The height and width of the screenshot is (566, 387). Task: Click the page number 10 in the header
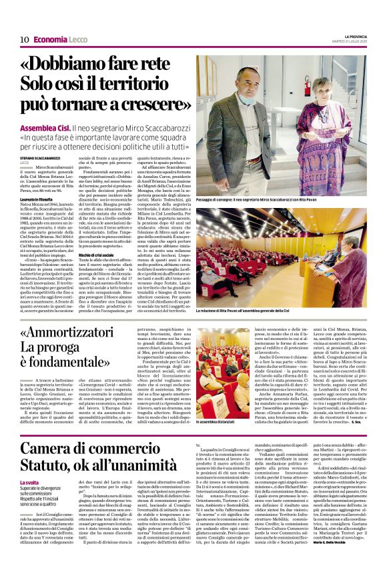click(24, 40)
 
